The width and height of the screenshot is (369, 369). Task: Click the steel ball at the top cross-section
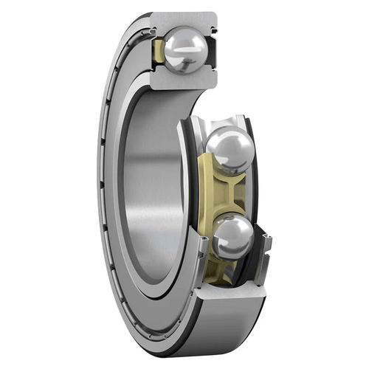click(185, 50)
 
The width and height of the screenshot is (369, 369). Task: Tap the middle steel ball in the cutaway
click(230, 151)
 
